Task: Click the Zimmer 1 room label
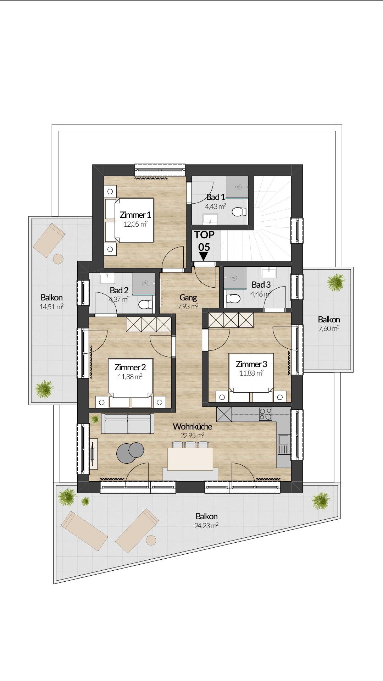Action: point(135,215)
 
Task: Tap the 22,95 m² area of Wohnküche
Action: point(192,436)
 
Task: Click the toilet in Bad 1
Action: point(239,212)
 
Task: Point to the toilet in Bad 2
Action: point(145,305)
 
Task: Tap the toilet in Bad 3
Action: point(233,298)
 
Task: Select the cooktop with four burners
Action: point(266,414)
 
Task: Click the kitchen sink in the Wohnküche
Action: point(284,444)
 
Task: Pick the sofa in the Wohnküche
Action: point(128,423)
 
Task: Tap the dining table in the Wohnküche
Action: point(190,459)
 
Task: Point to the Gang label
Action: point(188,297)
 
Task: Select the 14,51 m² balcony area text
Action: point(51,306)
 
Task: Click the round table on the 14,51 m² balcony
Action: point(58,259)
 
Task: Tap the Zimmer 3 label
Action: point(251,364)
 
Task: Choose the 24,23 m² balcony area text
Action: point(206,526)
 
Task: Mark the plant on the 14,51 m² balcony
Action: point(44,389)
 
